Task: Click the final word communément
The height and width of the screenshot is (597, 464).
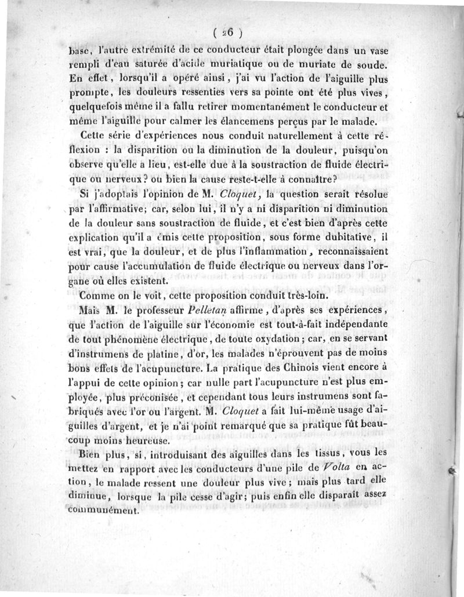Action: coord(103,512)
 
